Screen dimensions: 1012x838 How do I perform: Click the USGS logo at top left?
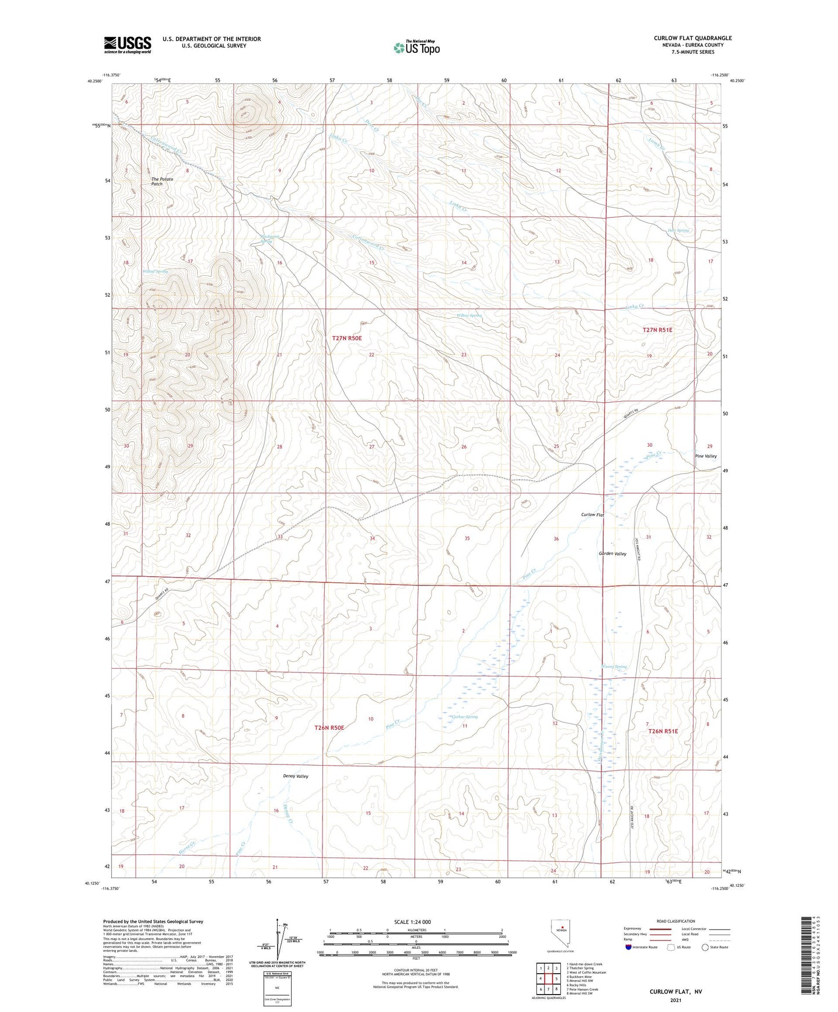click(128, 45)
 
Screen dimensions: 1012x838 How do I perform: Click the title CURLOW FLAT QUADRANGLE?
click(684, 38)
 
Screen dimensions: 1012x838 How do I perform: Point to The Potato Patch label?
click(162, 181)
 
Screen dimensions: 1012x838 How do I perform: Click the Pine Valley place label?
click(706, 456)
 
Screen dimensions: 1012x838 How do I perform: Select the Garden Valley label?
click(612, 554)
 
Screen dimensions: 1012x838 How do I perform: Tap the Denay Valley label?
click(296, 776)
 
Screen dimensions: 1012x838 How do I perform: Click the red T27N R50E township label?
click(347, 338)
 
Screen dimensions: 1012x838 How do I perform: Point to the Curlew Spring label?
click(465, 717)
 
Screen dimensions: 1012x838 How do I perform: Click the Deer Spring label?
click(679, 231)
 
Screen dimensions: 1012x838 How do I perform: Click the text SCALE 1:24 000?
click(412, 922)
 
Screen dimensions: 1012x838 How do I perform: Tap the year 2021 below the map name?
click(676, 1000)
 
